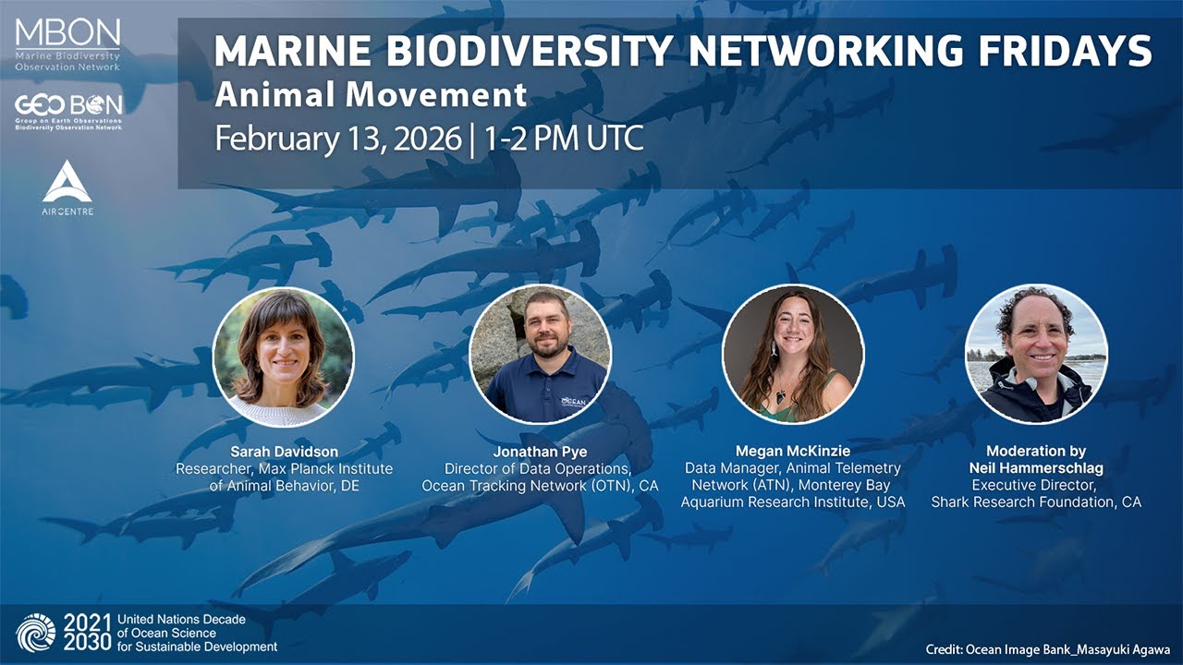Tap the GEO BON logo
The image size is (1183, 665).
click(68, 111)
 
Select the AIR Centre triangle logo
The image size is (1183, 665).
click(67, 182)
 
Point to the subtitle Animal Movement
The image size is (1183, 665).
click(371, 94)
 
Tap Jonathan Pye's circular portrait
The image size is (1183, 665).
click(540, 355)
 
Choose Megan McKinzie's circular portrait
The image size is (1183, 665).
click(793, 354)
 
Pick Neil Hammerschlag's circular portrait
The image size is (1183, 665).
click(1036, 354)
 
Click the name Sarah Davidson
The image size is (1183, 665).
click(284, 452)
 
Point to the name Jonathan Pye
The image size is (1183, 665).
click(539, 452)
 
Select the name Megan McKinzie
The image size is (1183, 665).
click(792, 452)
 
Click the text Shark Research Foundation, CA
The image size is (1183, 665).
click(1036, 502)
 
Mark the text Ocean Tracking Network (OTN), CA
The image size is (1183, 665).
click(540, 486)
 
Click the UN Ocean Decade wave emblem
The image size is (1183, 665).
click(36, 632)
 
